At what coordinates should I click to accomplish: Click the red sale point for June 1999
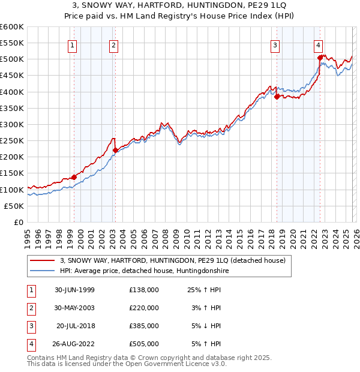[x=74, y=177]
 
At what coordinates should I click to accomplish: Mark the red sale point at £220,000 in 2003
[x=115, y=151]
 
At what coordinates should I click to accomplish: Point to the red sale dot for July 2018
[x=277, y=97]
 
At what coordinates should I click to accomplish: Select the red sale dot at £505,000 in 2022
[x=320, y=58]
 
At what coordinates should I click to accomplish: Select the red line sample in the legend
[x=44, y=260]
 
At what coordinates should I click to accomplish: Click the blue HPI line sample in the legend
[x=44, y=271]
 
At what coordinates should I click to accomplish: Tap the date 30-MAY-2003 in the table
[x=74, y=308]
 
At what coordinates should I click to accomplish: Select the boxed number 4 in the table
[x=30, y=344]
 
